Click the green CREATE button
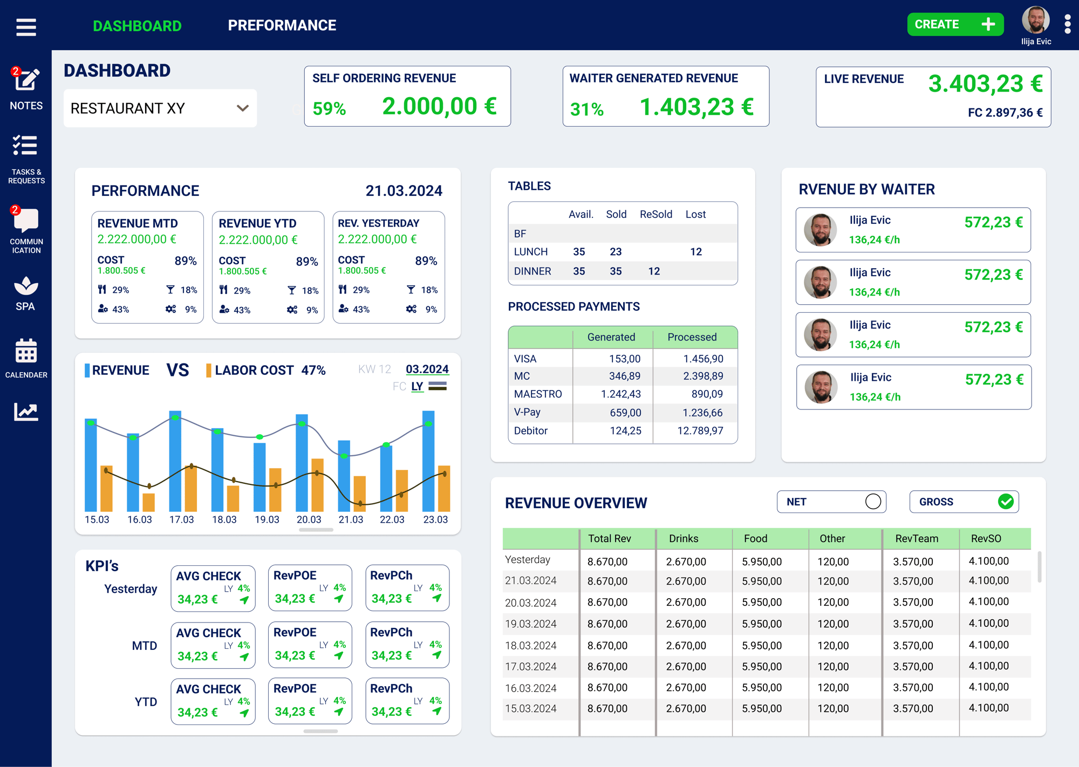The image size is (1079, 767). point(955,24)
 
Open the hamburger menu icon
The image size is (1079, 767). point(26,27)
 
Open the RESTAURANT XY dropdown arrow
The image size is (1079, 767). point(243,108)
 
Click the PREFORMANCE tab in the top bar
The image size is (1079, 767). point(282,25)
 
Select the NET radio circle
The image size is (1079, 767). point(873,502)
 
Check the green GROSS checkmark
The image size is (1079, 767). point(1006,502)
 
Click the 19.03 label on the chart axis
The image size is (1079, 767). point(267,519)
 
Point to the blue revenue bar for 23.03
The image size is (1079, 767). point(428,461)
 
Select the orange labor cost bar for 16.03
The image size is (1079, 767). point(148,502)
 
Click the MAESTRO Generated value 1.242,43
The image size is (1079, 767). point(621,394)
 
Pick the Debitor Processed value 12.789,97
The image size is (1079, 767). point(700,431)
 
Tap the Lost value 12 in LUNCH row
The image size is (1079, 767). point(696,252)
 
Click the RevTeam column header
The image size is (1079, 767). point(917,538)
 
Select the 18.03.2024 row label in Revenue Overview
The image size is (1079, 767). point(530,645)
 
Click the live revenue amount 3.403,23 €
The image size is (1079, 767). point(985,84)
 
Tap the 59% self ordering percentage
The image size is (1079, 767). point(329,108)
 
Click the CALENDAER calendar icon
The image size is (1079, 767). point(26,351)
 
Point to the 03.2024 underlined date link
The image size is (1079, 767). point(427,369)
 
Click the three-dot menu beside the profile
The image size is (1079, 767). point(1067,24)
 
